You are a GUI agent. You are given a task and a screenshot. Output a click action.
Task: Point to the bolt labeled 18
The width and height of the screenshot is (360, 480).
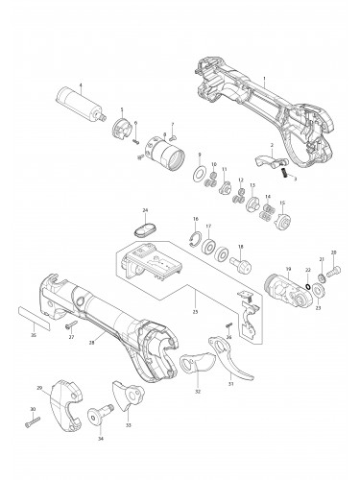click(237, 261)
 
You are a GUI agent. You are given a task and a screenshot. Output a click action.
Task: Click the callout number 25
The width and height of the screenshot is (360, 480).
click(195, 311)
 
